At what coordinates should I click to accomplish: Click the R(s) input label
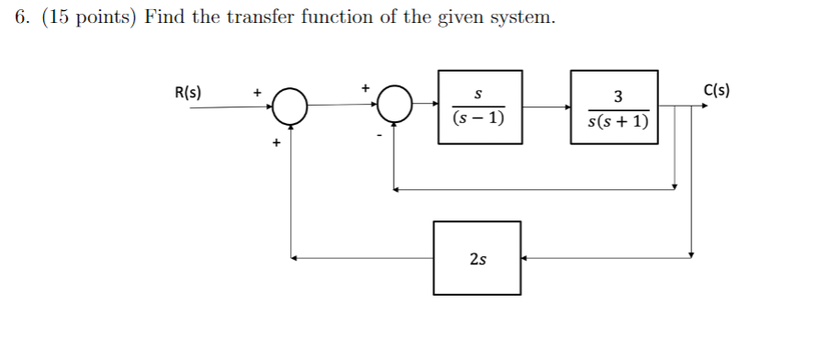188,92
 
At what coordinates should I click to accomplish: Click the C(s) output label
716,90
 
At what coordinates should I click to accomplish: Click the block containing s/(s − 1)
479,107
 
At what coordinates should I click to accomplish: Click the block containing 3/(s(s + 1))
617,107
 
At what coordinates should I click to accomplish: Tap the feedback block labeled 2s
477,258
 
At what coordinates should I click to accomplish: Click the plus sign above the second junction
364,87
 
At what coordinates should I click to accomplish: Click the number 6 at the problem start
21,19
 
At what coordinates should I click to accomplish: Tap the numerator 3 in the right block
617,96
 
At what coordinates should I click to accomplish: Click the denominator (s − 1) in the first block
478,119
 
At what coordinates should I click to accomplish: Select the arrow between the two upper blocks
548,107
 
